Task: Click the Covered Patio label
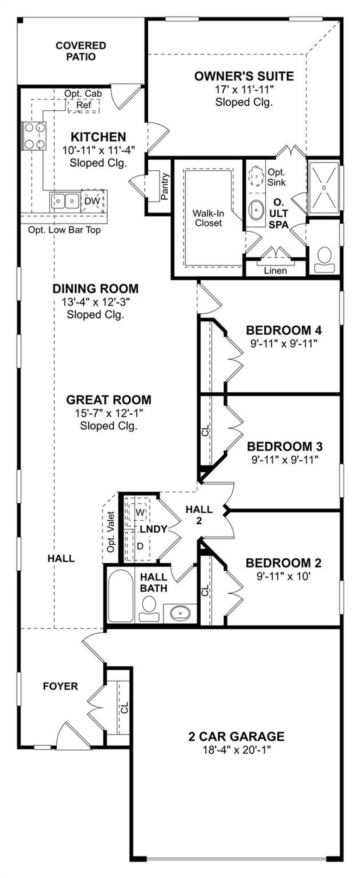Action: tap(81, 51)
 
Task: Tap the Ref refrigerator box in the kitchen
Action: tap(84, 105)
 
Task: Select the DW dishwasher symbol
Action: tap(92, 201)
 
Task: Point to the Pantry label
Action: tap(165, 187)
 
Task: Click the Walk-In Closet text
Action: tap(208, 218)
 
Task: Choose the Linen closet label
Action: tap(275, 270)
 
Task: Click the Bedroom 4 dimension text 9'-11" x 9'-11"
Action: tap(284, 343)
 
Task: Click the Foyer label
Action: tap(60, 686)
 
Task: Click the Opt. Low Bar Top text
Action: tap(64, 230)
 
